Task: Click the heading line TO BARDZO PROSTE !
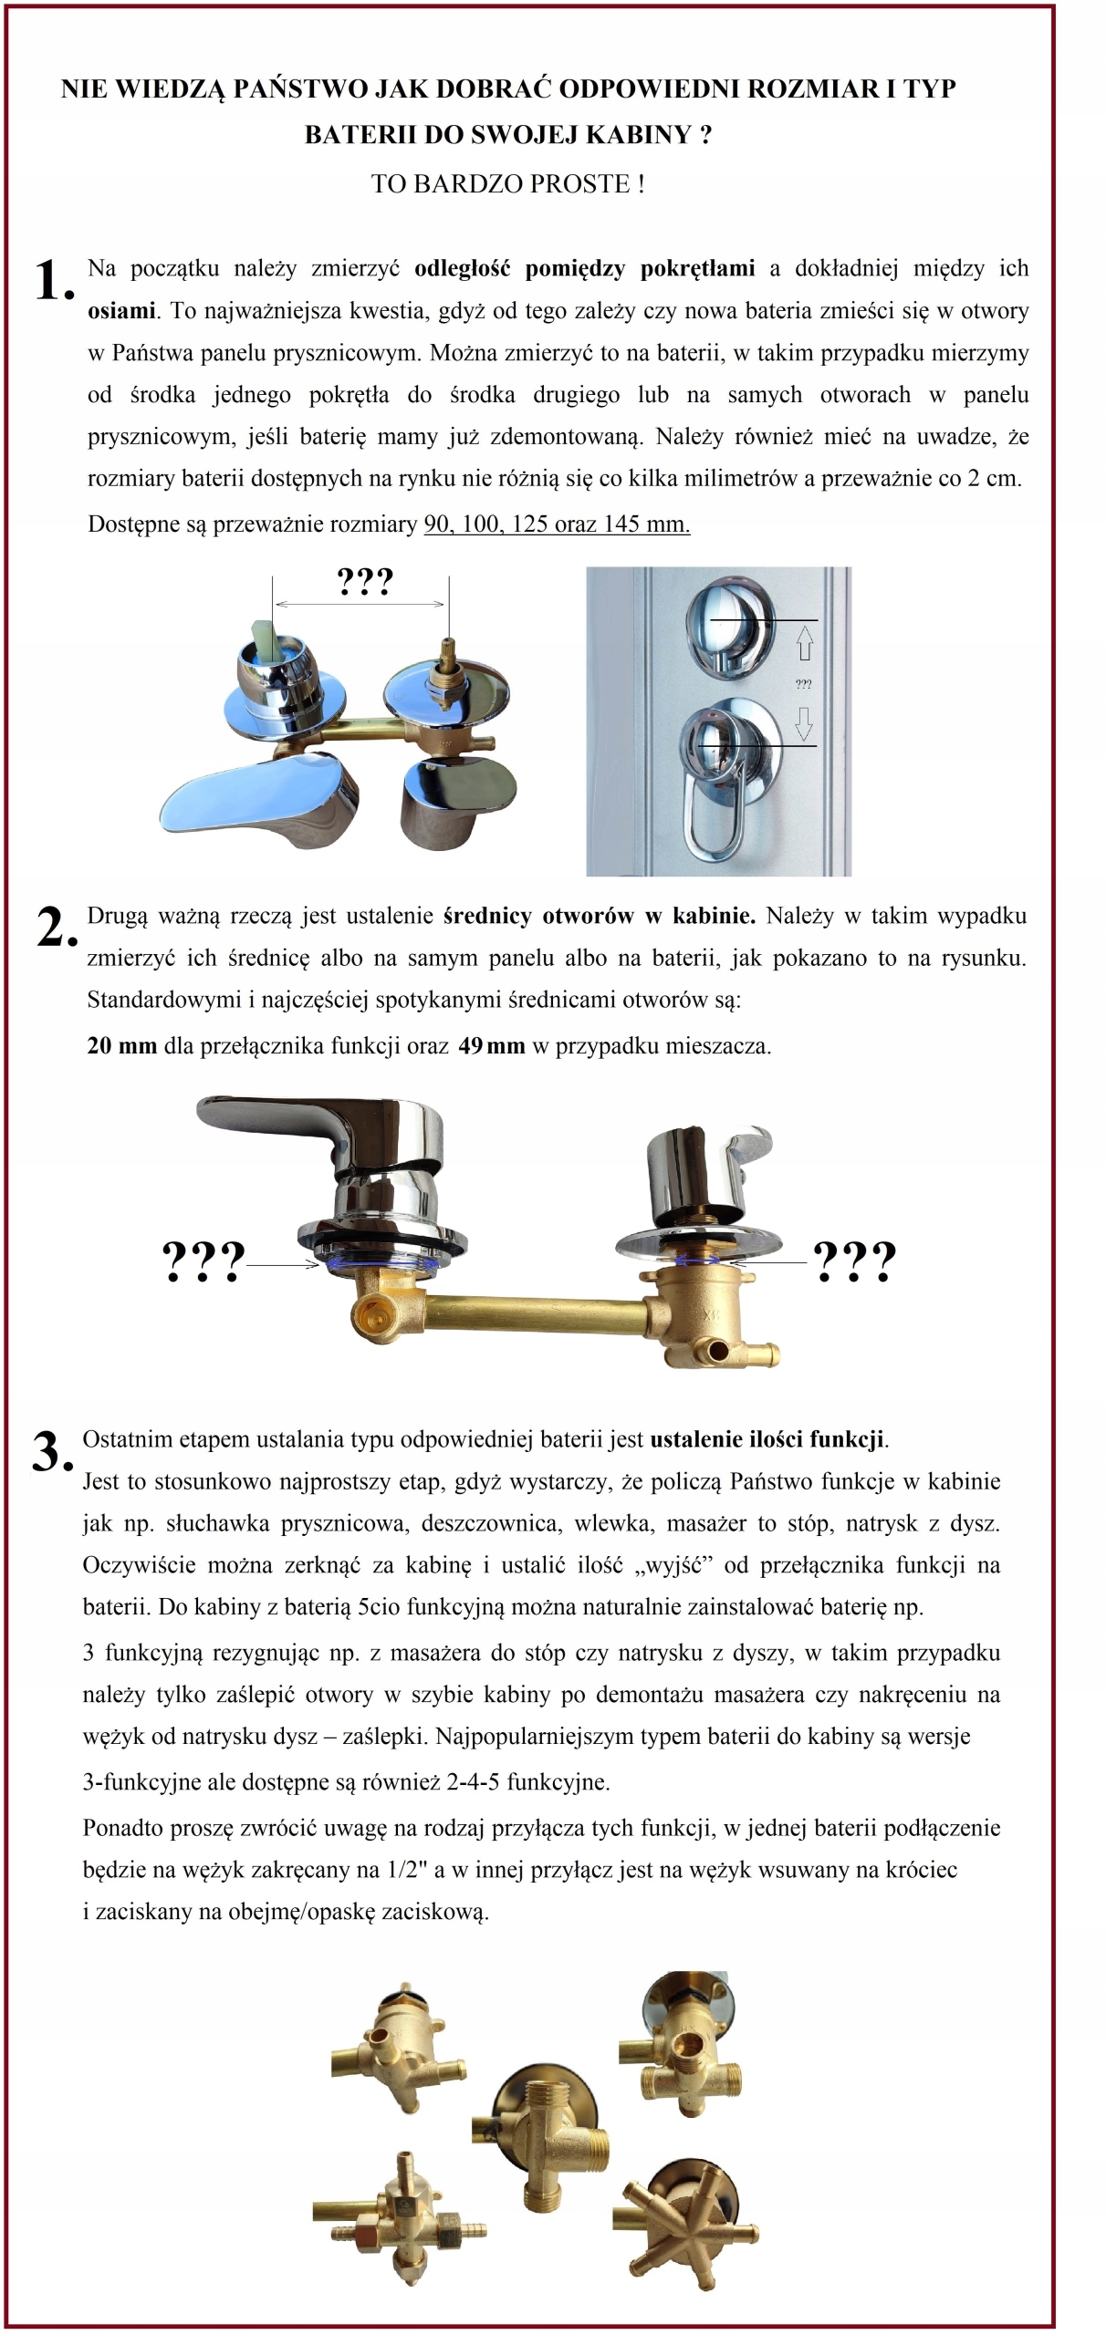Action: click(x=507, y=184)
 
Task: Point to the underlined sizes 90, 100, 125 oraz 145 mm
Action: click(x=557, y=524)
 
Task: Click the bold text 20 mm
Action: click(x=122, y=1045)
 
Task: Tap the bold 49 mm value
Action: click(x=492, y=1045)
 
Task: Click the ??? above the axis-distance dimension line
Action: click(x=364, y=581)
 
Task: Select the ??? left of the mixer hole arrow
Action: click(x=203, y=1262)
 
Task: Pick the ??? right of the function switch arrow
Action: click(x=854, y=1262)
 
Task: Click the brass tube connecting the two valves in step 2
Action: click(x=538, y=1313)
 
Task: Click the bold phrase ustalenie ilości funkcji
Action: click(x=767, y=1439)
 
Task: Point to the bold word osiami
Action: click(x=121, y=310)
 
